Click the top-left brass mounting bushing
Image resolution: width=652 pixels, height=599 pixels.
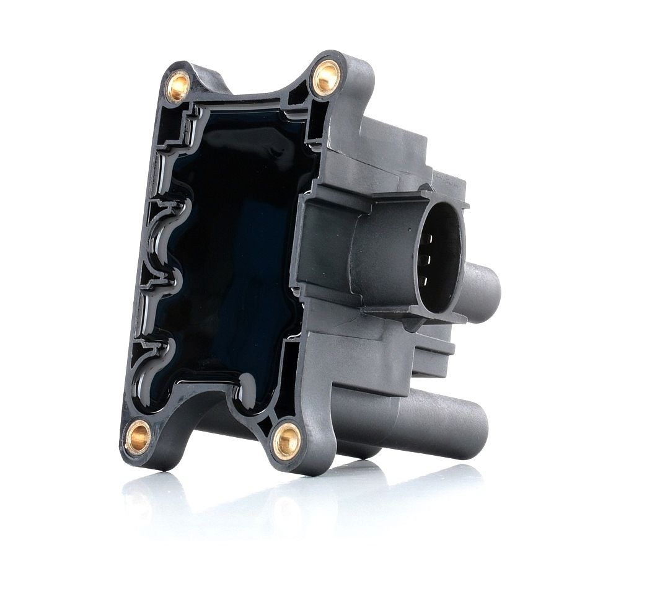click(x=178, y=85)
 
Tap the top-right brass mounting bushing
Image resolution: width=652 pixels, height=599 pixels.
click(x=325, y=78)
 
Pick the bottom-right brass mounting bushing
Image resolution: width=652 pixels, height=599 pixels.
click(x=287, y=441)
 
